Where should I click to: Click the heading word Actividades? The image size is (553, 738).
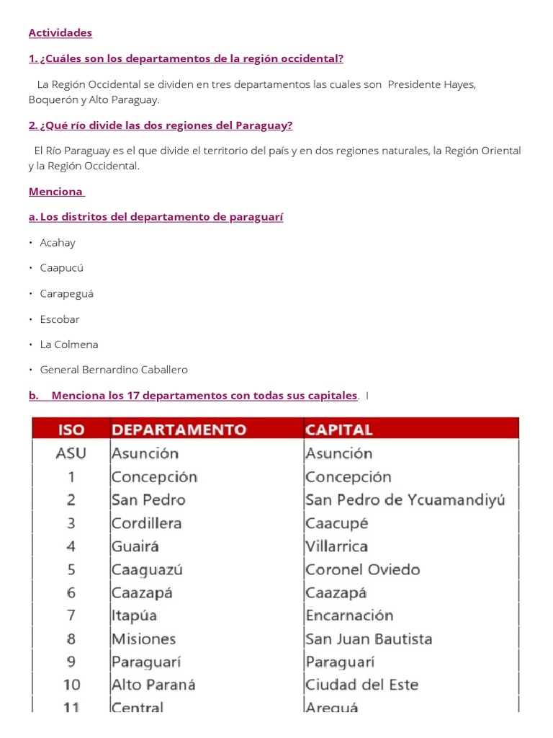click(60, 33)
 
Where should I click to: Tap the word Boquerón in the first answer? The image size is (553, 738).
click(53, 100)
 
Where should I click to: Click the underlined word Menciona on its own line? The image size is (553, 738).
click(55, 192)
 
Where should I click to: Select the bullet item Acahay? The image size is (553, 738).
click(58, 243)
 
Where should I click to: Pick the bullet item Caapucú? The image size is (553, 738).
click(62, 268)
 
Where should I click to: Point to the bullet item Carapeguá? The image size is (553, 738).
click(67, 294)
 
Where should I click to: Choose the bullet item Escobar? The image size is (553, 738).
click(60, 319)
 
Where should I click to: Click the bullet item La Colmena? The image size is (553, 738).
click(69, 344)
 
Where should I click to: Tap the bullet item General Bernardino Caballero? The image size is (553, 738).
click(114, 370)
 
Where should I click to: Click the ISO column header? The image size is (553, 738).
click(71, 430)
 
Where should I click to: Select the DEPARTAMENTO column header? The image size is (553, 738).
click(179, 430)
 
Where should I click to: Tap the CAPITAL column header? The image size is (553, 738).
click(339, 430)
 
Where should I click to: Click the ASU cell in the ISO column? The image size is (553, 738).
click(71, 454)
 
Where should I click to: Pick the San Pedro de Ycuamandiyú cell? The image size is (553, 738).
click(405, 500)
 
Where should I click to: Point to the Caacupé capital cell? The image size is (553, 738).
click(337, 523)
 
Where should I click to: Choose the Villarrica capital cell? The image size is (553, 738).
click(337, 546)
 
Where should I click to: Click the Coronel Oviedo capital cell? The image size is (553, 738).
click(363, 569)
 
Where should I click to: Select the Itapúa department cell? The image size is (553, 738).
click(135, 615)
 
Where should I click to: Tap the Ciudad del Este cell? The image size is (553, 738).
click(362, 685)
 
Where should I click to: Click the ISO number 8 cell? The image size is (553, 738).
click(71, 639)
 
